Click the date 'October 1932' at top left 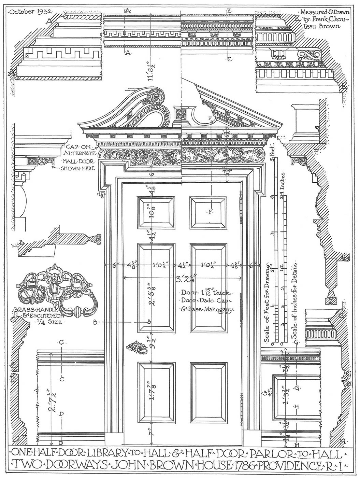click(30, 11)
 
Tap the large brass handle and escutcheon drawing click(56, 290)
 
